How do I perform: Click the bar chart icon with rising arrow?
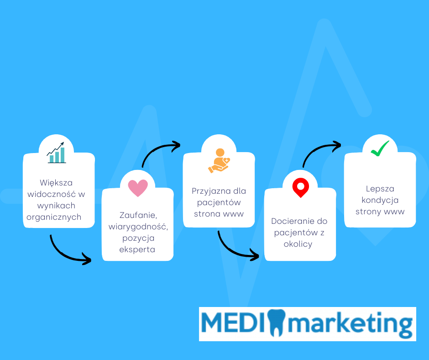pos(56,153)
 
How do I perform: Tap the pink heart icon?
pos(138,188)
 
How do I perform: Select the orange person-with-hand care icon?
pos(219,160)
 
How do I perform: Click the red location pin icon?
pos(300,188)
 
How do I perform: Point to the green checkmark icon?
pos(380,148)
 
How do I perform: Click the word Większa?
pos(56,183)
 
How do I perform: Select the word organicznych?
pos(54,217)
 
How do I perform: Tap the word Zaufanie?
pos(138,215)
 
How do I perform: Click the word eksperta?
pos(137,249)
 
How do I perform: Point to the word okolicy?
pos(298,244)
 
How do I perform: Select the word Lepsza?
pos(380,189)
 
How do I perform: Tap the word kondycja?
pos(380,200)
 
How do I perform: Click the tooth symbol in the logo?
pos(276,323)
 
